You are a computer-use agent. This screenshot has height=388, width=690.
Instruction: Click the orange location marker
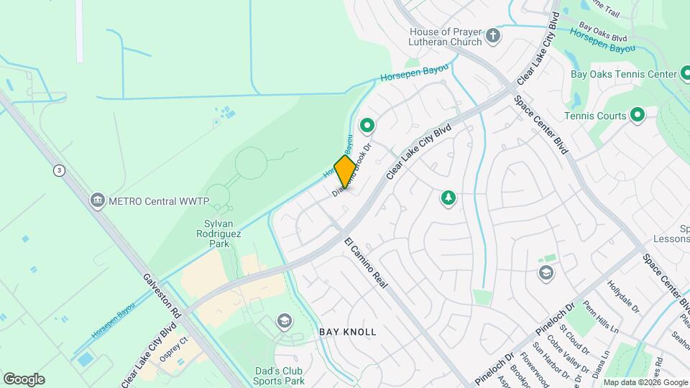click(x=345, y=172)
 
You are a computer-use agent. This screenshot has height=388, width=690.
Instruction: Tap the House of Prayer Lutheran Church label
click(x=446, y=37)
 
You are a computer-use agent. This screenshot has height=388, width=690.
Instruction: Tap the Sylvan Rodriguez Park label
click(x=215, y=234)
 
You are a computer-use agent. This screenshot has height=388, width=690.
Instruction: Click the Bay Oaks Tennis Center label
click(x=622, y=74)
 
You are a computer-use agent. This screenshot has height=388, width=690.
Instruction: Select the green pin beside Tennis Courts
click(x=637, y=115)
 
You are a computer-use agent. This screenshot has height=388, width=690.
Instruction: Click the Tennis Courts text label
click(x=595, y=116)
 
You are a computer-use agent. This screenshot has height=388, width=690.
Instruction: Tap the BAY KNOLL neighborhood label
click(x=348, y=333)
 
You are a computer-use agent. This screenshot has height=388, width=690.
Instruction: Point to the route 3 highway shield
click(x=58, y=170)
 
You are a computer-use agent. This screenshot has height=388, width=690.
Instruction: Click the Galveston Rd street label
click(x=160, y=295)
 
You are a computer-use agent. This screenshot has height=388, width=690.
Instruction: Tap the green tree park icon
click(x=448, y=198)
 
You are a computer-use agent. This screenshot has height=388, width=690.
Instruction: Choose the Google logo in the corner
click(x=24, y=379)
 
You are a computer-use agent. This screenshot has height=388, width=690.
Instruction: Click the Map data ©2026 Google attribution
click(x=645, y=382)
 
